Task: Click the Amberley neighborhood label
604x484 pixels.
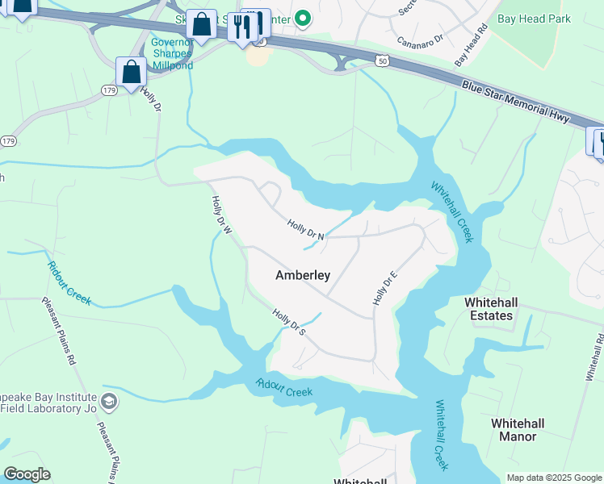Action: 303,275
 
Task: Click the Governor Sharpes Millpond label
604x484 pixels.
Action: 171,54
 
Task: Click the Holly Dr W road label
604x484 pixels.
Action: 221,215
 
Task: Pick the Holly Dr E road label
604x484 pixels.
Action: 385,289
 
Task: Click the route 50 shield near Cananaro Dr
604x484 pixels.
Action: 382,60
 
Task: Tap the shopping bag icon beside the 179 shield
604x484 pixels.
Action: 131,72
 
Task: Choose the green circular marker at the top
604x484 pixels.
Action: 303,17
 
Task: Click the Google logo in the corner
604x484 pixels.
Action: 27,474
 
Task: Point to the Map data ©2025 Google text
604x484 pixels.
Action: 553,478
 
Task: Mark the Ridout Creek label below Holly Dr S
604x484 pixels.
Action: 284,387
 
